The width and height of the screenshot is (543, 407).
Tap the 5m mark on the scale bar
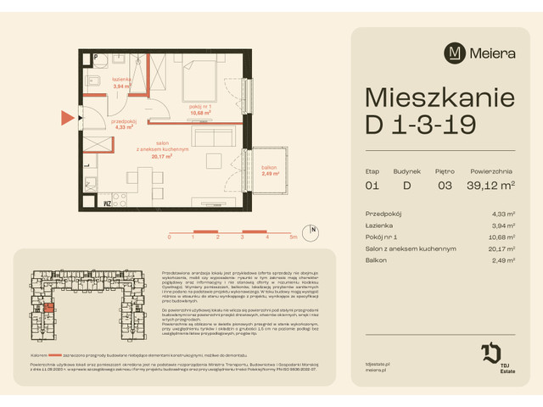[292, 238]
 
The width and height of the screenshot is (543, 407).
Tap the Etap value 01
[372, 186]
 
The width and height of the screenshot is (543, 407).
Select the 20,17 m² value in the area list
[509, 249]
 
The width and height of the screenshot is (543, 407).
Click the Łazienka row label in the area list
[378, 226]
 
